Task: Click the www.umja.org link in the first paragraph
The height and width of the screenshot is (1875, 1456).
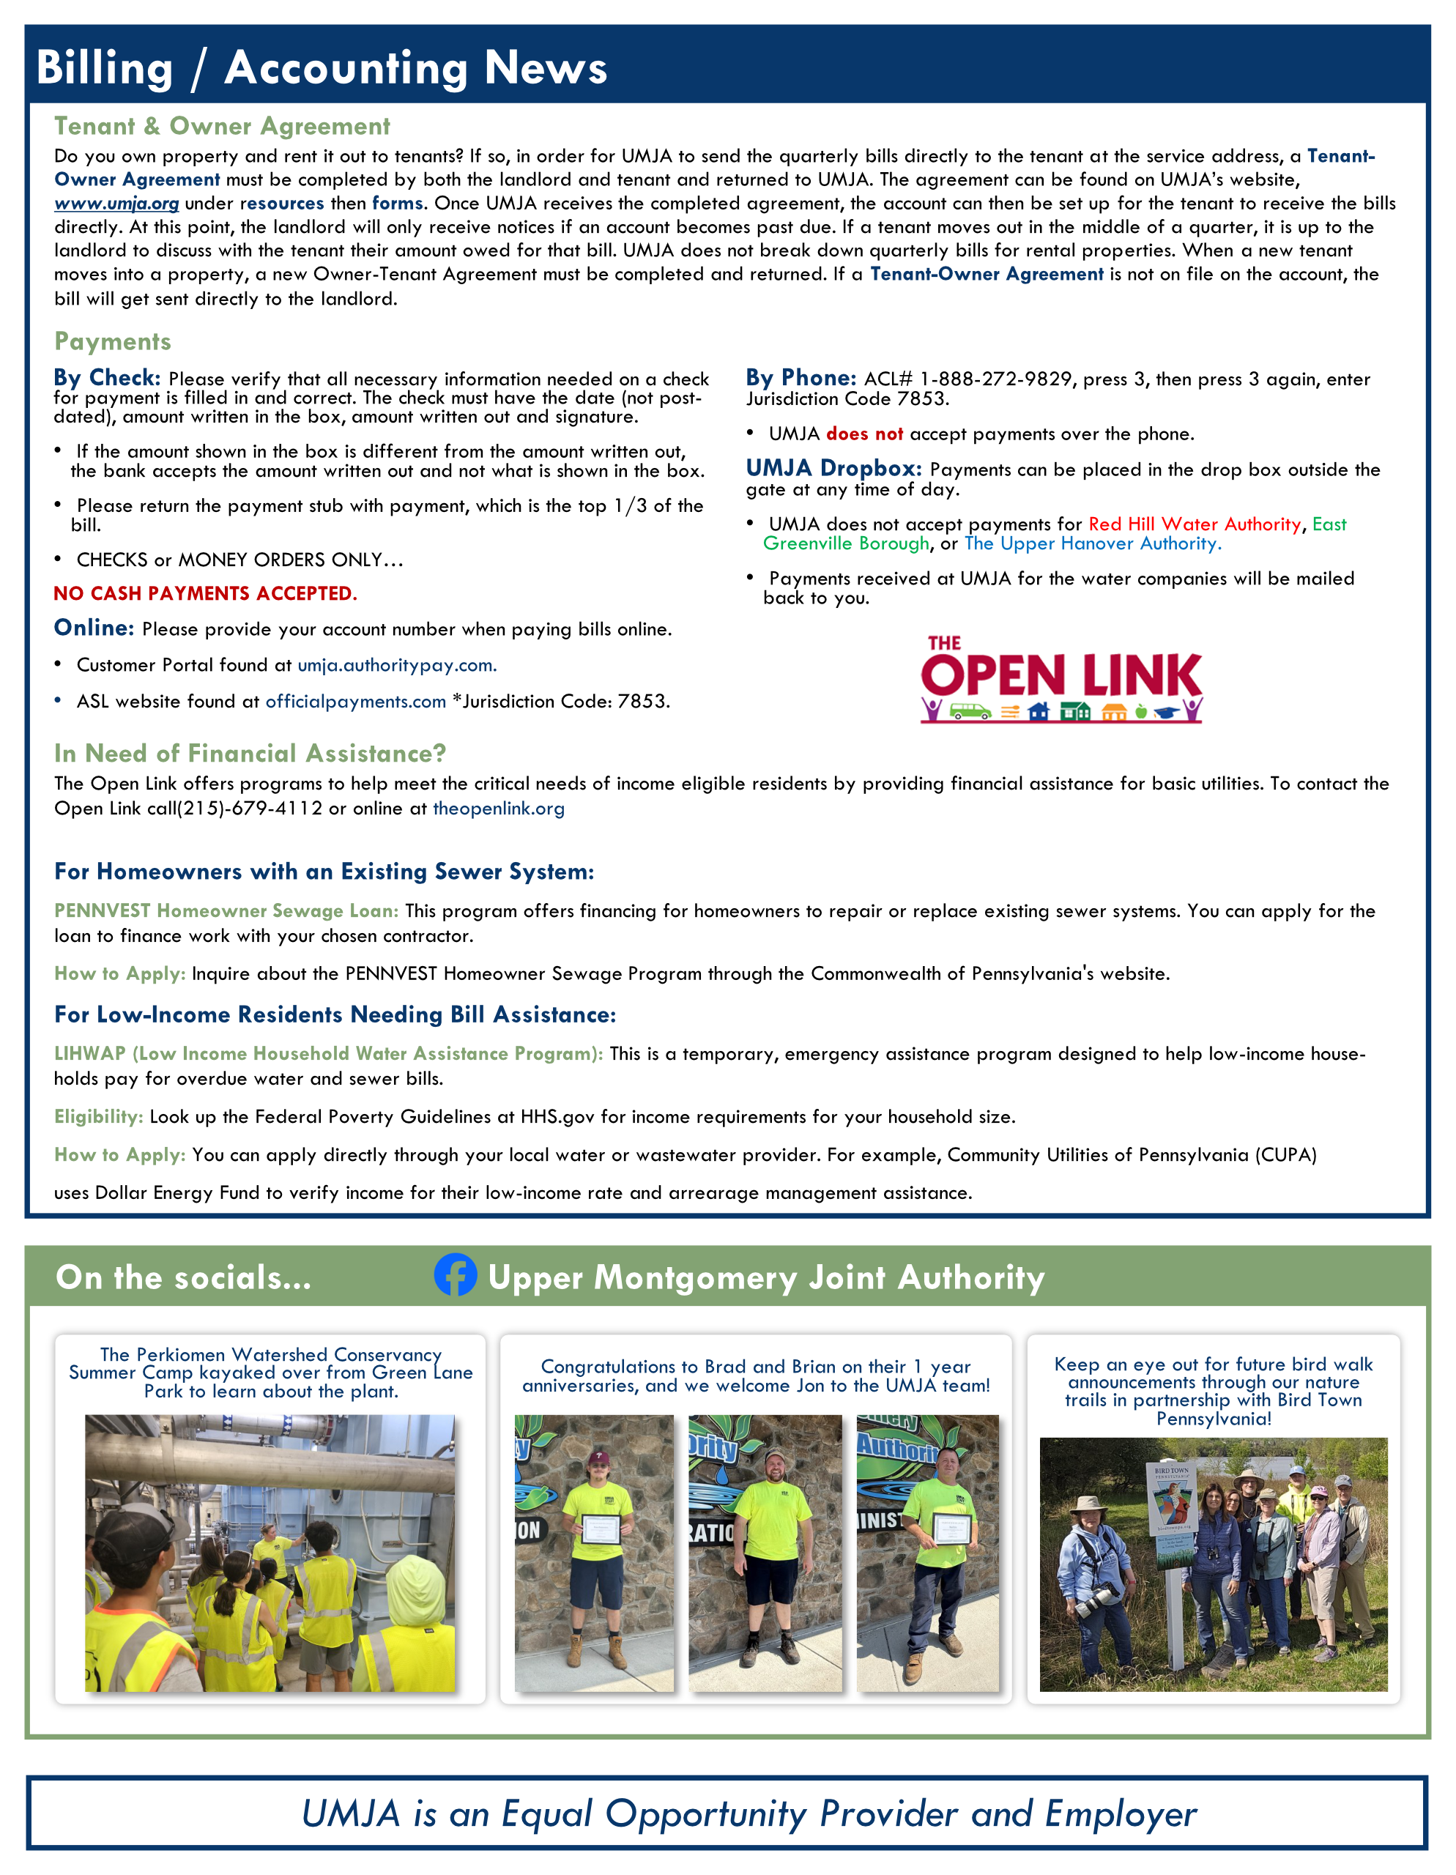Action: pos(116,204)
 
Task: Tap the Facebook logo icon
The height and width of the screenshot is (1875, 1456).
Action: pos(455,1275)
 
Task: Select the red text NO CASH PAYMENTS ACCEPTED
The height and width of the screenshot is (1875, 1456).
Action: pos(205,594)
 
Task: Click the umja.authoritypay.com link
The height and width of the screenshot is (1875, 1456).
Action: pos(397,665)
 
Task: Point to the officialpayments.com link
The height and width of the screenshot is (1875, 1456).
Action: pos(355,702)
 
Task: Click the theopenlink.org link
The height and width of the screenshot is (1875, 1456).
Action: pos(498,809)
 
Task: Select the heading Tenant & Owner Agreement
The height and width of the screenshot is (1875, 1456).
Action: pos(221,126)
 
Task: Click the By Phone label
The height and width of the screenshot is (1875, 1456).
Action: pos(800,378)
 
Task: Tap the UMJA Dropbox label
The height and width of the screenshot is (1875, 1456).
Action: pos(833,468)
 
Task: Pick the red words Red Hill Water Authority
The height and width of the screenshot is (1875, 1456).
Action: pos(1194,524)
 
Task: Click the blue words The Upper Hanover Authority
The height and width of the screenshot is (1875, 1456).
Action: pos(1092,544)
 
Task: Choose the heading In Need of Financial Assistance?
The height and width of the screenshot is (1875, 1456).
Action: pos(250,754)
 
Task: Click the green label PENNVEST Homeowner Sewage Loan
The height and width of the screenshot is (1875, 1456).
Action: pos(226,911)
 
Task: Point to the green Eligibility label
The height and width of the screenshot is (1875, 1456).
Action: pos(98,1117)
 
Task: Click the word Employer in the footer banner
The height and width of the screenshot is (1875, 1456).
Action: pos(1121,1814)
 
